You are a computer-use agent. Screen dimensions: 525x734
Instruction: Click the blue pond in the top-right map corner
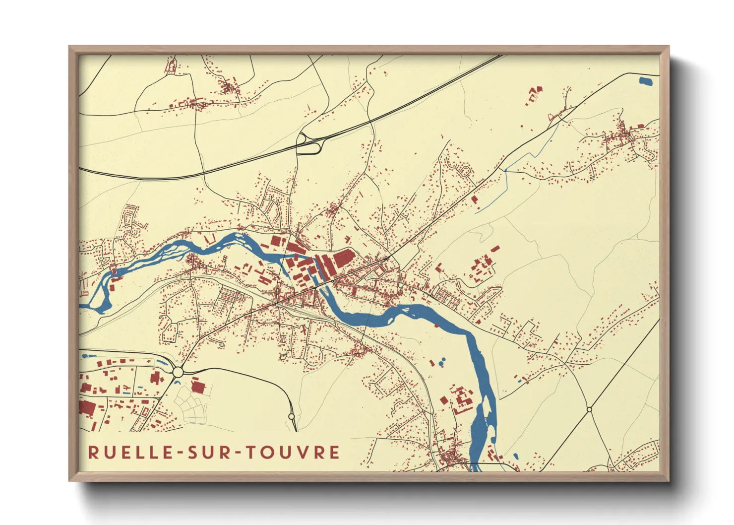click(x=646, y=80)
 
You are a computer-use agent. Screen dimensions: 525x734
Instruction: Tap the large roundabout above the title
click(x=178, y=372)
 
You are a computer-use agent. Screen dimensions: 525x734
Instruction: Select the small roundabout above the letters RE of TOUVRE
click(x=292, y=416)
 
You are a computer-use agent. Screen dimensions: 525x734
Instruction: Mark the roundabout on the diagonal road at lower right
click(x=589, y=409)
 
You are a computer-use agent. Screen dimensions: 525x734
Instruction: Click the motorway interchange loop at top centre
click(x=308, y=144)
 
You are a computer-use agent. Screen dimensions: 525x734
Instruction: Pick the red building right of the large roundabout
click(x=198, y=386)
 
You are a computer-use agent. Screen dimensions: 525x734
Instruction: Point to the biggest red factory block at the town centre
click(x=342, y=259)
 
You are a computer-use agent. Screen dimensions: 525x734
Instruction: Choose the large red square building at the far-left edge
click(x=87, y=407)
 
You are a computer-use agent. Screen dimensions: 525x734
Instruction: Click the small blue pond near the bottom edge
click(x=516, y=456)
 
